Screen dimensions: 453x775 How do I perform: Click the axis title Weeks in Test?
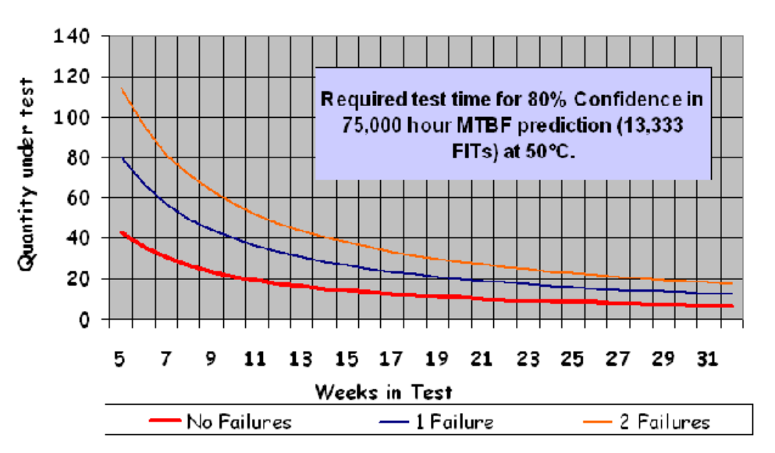click(384, 391)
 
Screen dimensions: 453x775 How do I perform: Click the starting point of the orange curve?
click(121, 89)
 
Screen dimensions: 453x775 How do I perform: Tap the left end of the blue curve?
click(121, 158)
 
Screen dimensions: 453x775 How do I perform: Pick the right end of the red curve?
click(732, 306)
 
